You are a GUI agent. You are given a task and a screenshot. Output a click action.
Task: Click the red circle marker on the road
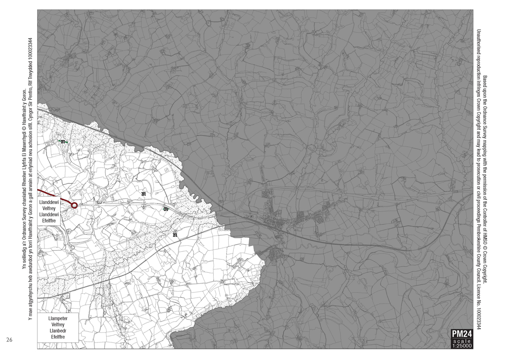74,206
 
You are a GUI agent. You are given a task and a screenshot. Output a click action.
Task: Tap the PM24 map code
462,334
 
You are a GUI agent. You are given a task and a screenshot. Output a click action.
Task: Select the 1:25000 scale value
462,346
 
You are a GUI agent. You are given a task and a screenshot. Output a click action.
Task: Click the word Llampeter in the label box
58,319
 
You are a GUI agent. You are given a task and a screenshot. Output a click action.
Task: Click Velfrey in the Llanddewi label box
48,208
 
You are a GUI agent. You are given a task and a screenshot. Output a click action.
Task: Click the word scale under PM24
462,341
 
